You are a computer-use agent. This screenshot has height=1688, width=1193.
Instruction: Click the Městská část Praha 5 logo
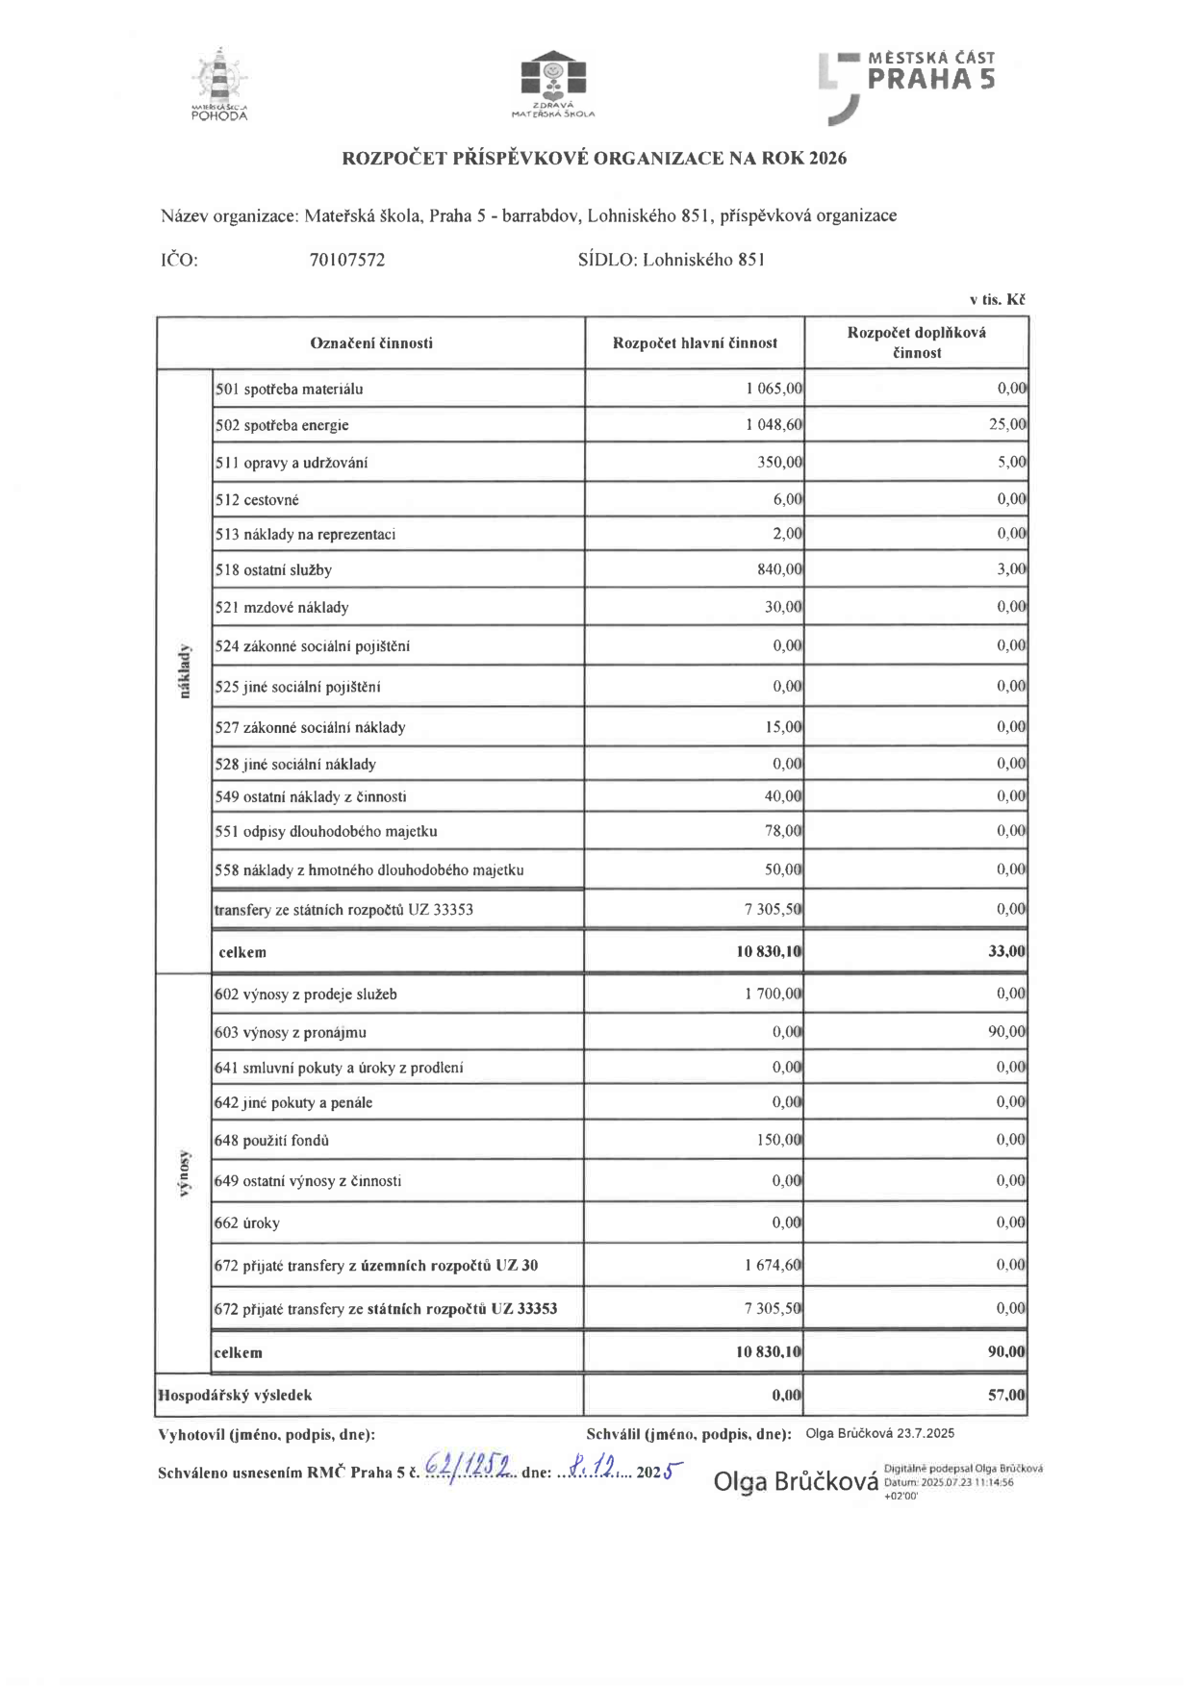pyautogui.click(x=906, y=85)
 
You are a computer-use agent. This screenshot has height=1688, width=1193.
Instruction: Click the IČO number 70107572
pyautogui.click(x=347, y=260)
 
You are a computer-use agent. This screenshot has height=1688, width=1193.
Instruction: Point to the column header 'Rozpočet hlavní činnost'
pyautogui.click(x=695, y=343)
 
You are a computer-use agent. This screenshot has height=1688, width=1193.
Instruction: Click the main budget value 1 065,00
pyautogui.click(x=774, y=389)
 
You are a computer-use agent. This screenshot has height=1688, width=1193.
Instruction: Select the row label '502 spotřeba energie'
pyautogui.click(x=282, y=425)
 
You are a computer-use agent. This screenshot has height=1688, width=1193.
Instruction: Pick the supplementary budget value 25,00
pyautogui.click(x=1007, y=424)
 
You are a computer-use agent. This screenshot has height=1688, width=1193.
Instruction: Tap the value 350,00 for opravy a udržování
pyautogui.click(x=779, y=462)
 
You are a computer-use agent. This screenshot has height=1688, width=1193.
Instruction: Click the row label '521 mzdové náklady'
pyautogui.click(x=282, y=607)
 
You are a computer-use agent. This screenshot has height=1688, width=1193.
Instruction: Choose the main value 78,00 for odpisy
pyautogui.click(x=783, y=830)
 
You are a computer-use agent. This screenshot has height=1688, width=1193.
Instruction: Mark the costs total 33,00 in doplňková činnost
pyautogui.click(x=1007, y=951)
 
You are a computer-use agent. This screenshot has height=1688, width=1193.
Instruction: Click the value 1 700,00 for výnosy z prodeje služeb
pyautogui.click(x=773, y=994)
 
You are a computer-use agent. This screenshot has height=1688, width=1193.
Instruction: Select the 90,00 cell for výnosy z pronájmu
pyautogui.click(x=1006, y=1031)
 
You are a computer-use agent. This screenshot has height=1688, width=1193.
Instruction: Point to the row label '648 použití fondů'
pyautogui.click(x=271, y=1141)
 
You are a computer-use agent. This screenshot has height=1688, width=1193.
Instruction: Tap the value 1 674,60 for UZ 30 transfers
pyautogui.click(x=773, y=1265)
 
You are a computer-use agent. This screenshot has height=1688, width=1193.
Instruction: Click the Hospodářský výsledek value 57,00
pyautogui.click(x=1006, y=1395)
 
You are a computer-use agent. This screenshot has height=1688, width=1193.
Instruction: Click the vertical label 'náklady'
pyautogui.click(x=185, y=671)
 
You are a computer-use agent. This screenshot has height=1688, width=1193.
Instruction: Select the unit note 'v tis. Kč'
pyautogui.click(x=997, y=300)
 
